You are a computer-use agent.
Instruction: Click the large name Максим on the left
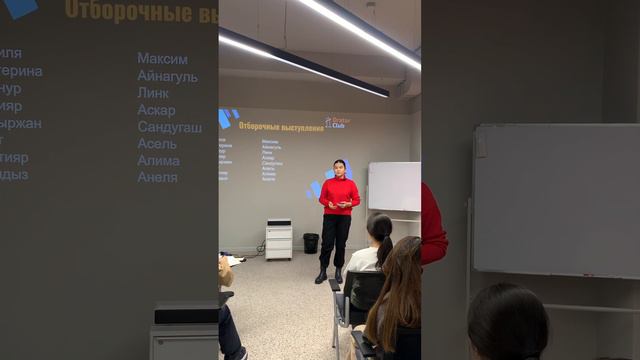point(162,59)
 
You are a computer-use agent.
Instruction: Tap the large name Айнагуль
point(167,76)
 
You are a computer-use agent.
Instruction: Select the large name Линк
point(153,93)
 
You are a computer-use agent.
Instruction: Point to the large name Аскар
point(156,110)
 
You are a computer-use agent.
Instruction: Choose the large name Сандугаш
point(169,127)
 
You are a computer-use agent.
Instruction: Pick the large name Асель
point(157,144)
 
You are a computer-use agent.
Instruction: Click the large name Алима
point(158,161)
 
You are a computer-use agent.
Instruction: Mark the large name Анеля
point(157,177)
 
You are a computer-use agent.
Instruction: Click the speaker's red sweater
point(339,194)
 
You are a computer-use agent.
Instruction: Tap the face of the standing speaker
point(340,167)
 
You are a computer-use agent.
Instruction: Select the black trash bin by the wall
point(311,243)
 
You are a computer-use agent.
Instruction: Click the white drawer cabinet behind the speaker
point(278,240)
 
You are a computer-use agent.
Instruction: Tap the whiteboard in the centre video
point(393,186)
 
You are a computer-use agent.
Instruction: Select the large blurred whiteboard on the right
point(555,200)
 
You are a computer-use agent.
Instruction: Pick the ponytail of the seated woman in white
point(384,245)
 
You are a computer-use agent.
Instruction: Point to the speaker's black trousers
point(335,238)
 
